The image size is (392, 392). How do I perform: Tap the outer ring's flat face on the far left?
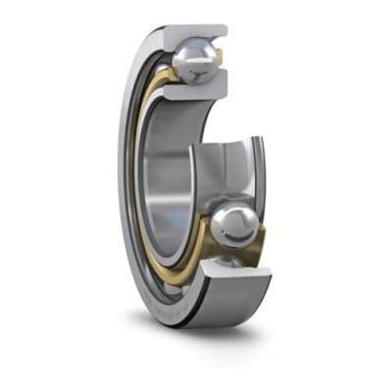(x=124, y=176)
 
